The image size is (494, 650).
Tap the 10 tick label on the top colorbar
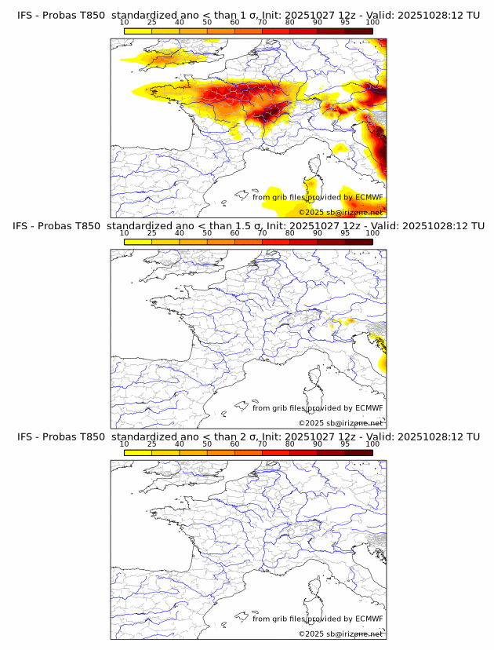124,23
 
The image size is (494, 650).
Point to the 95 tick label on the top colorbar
345,23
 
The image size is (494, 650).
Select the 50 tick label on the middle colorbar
207,233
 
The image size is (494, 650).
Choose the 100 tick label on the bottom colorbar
372,444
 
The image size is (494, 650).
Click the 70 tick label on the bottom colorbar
262,444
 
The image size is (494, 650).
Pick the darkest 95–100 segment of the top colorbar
358,31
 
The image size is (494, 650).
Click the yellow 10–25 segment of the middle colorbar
138,241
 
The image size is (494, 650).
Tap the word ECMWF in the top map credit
369,198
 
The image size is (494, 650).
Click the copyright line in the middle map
340,423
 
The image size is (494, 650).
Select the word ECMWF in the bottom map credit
369,619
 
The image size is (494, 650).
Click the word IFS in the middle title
26,226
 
